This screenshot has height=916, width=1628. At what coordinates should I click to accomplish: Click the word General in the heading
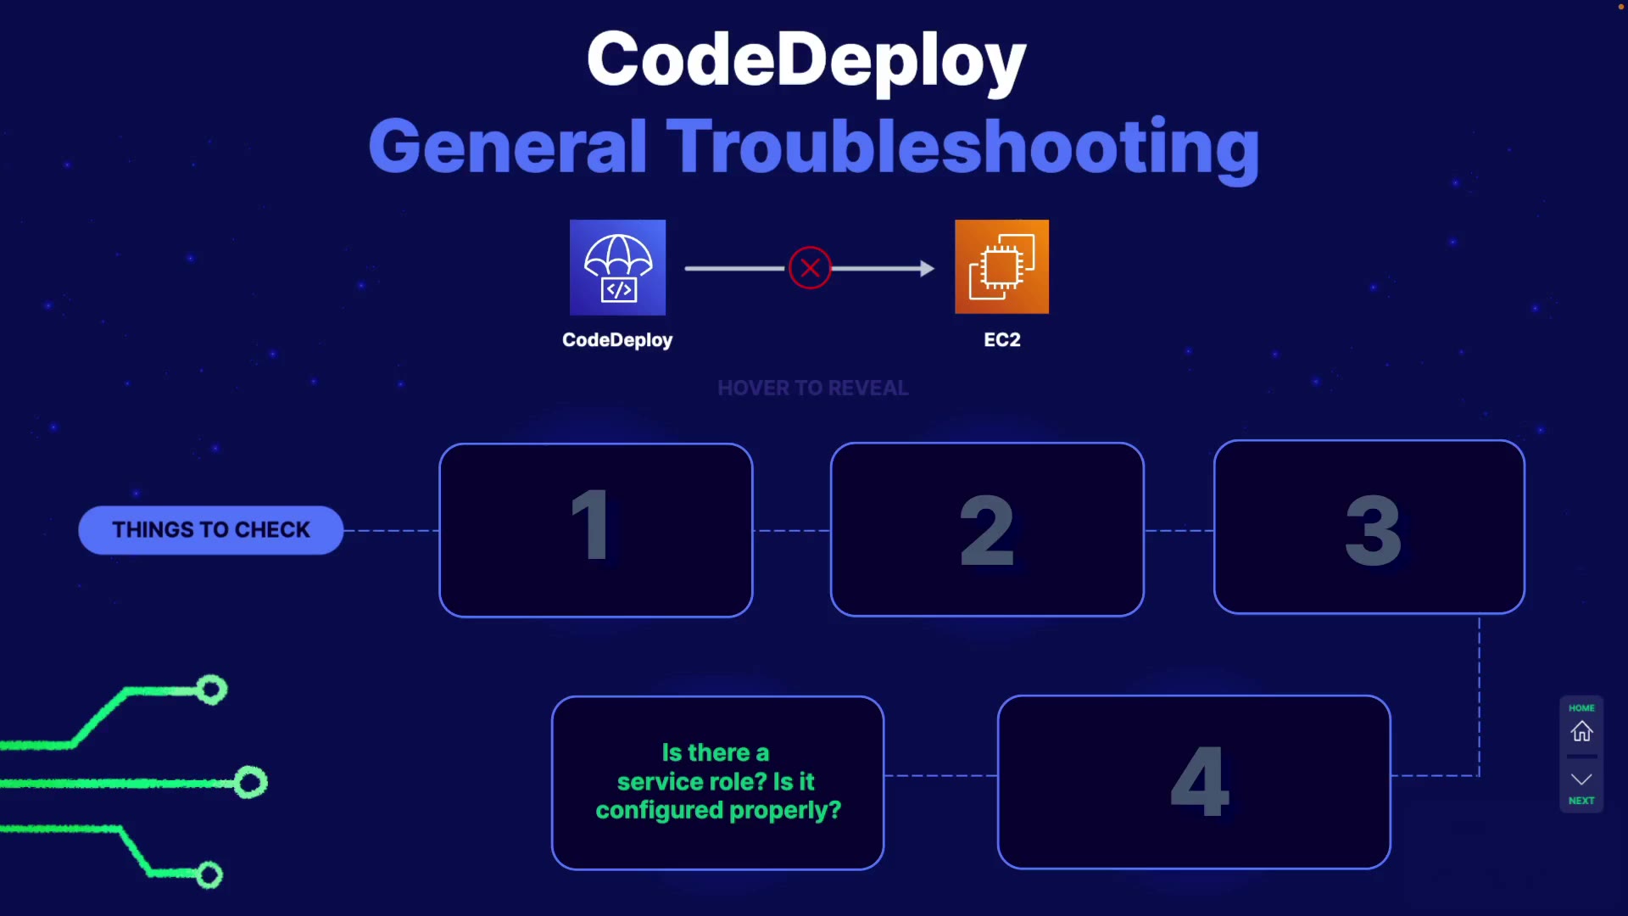(507, 147)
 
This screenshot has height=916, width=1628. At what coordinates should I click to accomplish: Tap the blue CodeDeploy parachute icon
(617, 267)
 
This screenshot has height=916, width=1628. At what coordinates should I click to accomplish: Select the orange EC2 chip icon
(1001, 267)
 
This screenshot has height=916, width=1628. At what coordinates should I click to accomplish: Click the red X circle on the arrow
(810, 268)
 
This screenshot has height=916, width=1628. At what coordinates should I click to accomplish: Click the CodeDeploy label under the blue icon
(617, 340)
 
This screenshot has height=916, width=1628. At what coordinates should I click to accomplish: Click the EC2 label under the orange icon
(1001, 340)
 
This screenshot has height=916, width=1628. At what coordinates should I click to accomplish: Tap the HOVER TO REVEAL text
(812, 388)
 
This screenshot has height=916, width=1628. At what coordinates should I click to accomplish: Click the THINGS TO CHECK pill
(211, 530)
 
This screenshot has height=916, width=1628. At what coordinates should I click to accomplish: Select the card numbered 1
(595, 530)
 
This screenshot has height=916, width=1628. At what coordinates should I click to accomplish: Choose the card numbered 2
(987, 529)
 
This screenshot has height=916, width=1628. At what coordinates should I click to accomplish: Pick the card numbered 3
(1369, 528)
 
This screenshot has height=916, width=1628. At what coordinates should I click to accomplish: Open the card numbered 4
(1194, 782)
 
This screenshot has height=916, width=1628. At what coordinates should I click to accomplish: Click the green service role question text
(717, 782)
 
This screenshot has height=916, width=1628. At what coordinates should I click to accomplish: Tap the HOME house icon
(1581, 731)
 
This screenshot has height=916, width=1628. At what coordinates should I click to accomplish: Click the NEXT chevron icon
(1581, 779)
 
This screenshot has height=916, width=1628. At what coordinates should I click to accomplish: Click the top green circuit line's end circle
(212, 690)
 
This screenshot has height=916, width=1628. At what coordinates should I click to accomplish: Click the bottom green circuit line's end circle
(209, 874)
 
